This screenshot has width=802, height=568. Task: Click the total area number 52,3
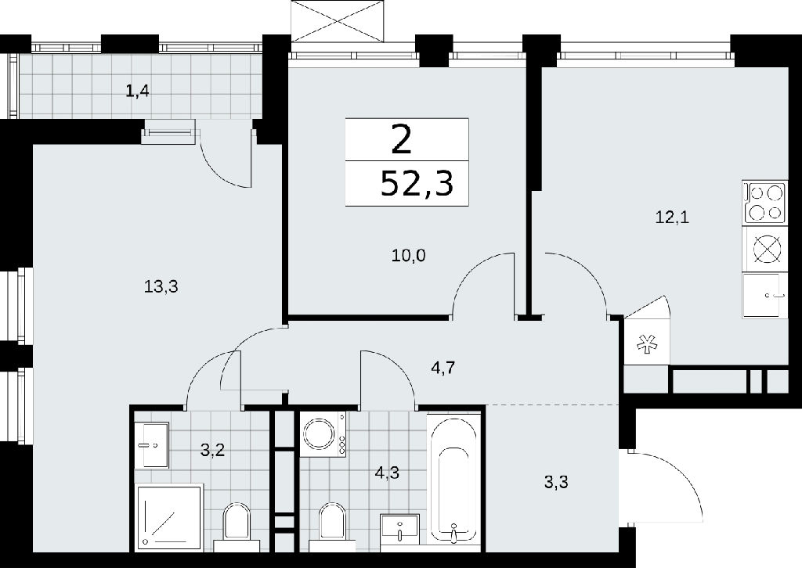pyautogui.click(x=417, y=184)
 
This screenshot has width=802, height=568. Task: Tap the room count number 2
pyautogui.click(x=402, y=140)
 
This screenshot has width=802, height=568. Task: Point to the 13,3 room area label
pyautogui.click(x=161, y=287)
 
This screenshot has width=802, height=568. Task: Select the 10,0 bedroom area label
pyautogui.click(x=408, y=255)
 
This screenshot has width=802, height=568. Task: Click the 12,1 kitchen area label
pyautogui.click(x=672, y=217)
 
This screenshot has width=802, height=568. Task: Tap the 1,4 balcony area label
pyautogui.click(x=138, y=92)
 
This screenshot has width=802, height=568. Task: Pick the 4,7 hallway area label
pyautogui.click(x=443, y=367)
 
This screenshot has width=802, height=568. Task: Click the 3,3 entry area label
pyautogui.click(x=557, y=481)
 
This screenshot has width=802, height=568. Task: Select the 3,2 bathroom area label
pyautogui.click(x=212, y=451)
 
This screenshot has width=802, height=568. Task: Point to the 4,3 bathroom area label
pyautogui.click(x=387, y=473)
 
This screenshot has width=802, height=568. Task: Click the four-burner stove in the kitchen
pyautogui.click(x=765, y=203)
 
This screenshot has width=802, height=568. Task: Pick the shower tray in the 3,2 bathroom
pyautogui.click(x=169, y=518)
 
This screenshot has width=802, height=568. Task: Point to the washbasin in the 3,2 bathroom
pyautogui.click(x=153, y=444)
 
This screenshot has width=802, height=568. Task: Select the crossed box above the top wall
pyautogui.click(x=337, y=21)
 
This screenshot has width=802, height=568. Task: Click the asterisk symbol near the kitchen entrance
pyautogui.click(x=646, y=345)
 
